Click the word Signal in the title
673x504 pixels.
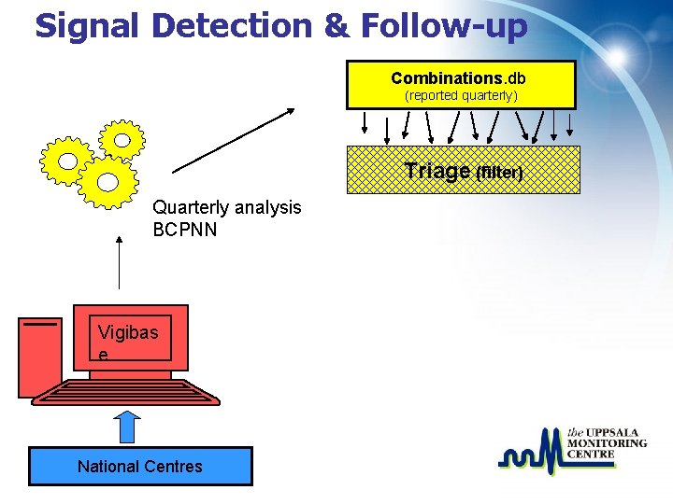87,25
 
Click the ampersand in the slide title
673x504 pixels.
336,25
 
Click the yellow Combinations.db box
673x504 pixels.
461,85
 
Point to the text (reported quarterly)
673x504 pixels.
461,96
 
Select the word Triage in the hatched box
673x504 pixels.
437,171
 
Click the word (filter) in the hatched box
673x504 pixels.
499,174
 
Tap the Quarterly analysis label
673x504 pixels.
227,207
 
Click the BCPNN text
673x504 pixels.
185,229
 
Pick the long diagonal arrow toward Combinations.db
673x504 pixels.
234,141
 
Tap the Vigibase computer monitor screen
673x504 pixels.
131,337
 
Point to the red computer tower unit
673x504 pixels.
40,356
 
